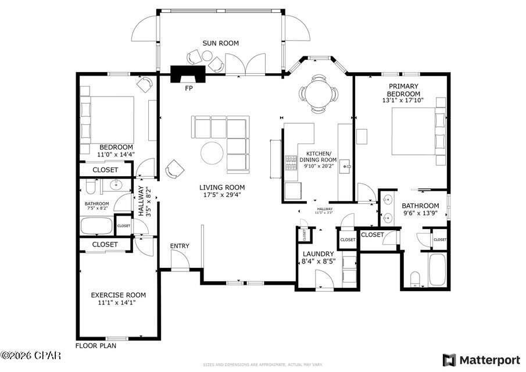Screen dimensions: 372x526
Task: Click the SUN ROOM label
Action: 220,43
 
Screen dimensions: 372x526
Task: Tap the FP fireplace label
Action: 188,88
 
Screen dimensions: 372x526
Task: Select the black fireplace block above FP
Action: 188,73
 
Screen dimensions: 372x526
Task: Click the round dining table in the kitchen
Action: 318,92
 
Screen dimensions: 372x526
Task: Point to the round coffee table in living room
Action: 212,153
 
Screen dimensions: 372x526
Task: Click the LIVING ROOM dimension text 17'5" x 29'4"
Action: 222,196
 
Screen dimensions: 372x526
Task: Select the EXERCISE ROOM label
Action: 118,295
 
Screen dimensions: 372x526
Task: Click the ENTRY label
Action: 180,246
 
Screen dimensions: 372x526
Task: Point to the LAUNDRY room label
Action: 318,254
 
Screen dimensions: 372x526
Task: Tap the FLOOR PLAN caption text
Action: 96,345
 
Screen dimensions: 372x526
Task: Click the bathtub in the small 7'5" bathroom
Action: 97,226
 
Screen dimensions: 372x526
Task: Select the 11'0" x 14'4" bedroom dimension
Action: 116,155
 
